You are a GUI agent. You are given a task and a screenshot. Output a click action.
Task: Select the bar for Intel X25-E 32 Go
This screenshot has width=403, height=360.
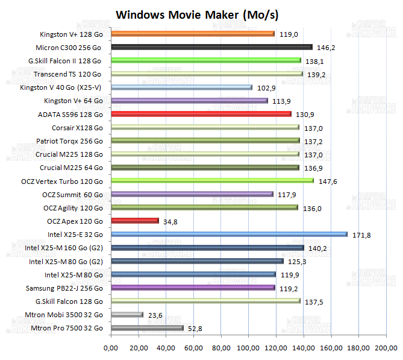(x=229, y=234)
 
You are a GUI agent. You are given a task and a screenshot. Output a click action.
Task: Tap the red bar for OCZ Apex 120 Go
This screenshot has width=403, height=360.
(x=135, y=221)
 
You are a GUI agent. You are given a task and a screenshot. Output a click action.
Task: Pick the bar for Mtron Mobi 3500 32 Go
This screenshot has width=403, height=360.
(x=127, y=314)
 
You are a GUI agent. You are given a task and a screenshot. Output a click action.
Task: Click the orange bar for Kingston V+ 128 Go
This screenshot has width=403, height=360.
(x=193, y=34)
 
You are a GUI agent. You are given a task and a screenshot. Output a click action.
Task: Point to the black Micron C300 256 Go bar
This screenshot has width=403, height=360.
(x=211, y=47)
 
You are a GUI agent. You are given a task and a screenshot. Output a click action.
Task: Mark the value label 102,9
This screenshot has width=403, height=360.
(x=266, y=87)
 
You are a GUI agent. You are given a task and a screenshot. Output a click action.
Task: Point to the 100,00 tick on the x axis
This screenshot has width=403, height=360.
(x=248, y=348)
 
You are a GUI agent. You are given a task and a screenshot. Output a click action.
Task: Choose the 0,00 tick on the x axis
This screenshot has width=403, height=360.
(x=111, y=348)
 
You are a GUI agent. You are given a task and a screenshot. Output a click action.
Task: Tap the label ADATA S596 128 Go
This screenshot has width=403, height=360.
(x=70, y=114)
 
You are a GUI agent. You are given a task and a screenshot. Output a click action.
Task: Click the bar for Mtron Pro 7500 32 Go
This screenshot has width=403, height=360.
(x=147, y=327)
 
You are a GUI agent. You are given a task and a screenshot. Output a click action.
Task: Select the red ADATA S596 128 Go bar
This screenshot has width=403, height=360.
(x=201, y=114)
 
